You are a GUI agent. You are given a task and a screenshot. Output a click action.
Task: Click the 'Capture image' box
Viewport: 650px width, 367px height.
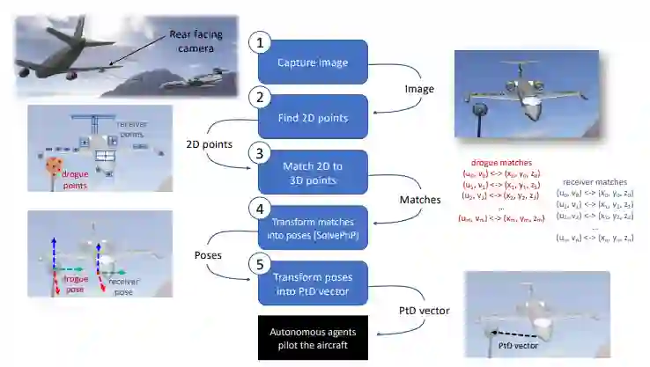[x=313, y=62]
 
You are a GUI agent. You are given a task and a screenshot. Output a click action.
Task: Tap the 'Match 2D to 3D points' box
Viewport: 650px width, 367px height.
[x=313, y=172]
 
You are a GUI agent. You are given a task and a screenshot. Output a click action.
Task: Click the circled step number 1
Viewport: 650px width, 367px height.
[x=257, y=42]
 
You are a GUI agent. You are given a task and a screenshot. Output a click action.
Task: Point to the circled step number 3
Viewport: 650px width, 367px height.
[x=257, y=153]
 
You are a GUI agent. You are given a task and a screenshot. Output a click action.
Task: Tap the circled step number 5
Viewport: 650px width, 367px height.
[x=257, y=262]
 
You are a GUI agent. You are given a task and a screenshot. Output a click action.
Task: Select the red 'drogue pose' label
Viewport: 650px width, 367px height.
[x=76, y=283]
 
